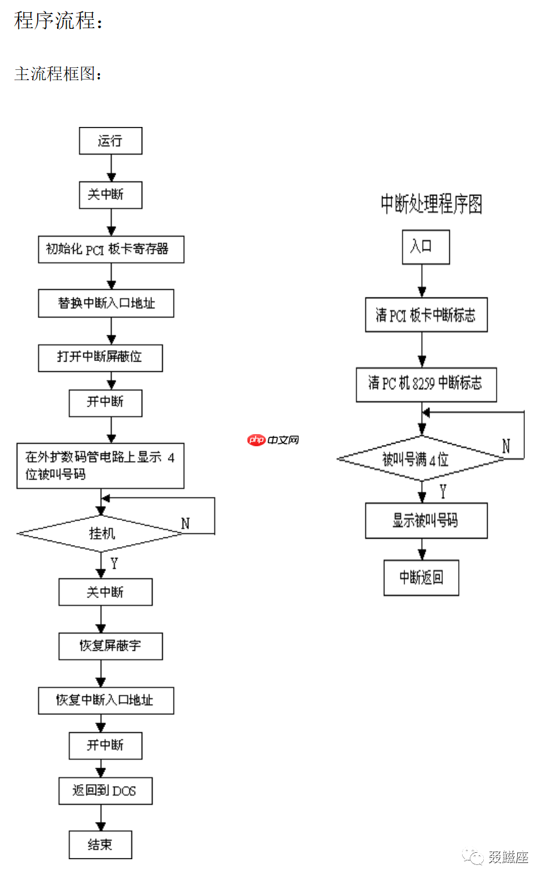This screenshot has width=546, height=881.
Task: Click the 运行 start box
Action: tap(110, 140)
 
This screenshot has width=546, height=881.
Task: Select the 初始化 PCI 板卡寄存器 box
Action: tap(111, 249)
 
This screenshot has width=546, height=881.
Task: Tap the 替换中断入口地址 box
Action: tap(106, 303)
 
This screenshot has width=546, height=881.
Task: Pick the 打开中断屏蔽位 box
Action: tap(100, 357)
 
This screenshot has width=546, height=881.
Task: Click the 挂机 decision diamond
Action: tap(101, 533)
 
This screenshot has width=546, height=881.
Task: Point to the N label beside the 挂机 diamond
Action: tap(185, 523)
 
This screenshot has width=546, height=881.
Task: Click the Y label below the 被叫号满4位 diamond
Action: tap(442, 491)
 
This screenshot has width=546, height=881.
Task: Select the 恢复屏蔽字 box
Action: tap(110, 646)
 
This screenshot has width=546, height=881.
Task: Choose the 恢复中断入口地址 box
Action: tap(106, 700)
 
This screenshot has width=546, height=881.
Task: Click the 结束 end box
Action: tap(100, 844)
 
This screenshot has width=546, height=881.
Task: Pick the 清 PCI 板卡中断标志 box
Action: tap(426, 315)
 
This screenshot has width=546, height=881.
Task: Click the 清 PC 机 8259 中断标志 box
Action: tap(426, 384)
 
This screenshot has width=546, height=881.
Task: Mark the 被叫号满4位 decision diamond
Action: tap(421, 458)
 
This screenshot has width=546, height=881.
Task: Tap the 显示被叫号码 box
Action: tap(426, 520)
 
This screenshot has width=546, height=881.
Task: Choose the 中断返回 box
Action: tap(421, 577)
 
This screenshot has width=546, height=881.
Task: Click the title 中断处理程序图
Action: tap(431, 205)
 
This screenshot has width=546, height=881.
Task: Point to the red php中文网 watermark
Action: tap(274, 440)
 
